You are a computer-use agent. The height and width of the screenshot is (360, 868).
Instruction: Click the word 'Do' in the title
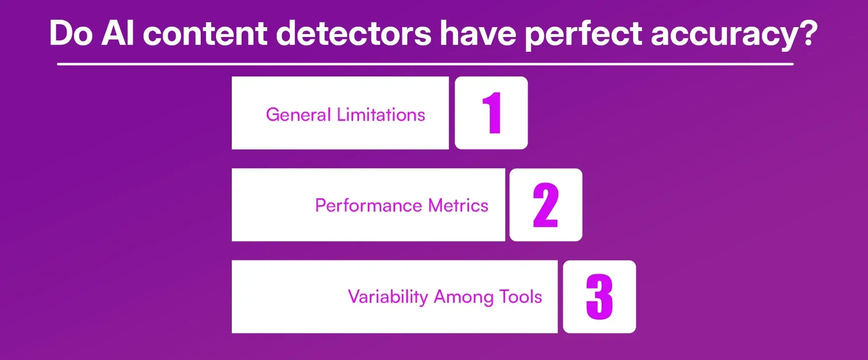click(x=71, y=34)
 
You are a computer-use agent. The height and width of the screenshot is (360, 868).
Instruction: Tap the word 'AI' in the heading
click(x=118, y=34)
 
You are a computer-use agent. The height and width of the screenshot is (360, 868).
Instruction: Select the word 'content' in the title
click(x=205, y=34)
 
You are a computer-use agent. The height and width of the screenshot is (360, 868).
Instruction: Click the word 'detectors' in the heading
click(x=354, y=34)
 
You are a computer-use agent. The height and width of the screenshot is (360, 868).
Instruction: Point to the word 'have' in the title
click(x=478, y=34)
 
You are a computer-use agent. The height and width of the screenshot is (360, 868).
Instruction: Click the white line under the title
click(x=425, y=64)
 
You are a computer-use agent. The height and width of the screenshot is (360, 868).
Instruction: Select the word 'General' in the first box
click(x=298, y=115)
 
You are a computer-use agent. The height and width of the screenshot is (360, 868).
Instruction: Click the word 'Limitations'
click(x=381, y=115)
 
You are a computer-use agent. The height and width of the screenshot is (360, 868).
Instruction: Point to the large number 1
click(x=492, y=113)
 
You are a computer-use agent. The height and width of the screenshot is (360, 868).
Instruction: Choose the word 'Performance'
click(x=369, y=206)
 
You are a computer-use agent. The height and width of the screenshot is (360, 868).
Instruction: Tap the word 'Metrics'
click(x=458, y=205)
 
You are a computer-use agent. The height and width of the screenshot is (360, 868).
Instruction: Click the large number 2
click(x=545, y=205)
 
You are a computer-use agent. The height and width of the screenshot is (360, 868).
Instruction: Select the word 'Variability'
click(x=388, y=297)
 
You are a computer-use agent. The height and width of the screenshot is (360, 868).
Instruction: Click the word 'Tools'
click(x=520, y=297)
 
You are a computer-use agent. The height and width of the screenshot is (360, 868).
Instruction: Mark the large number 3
click(x=599, y=297)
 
